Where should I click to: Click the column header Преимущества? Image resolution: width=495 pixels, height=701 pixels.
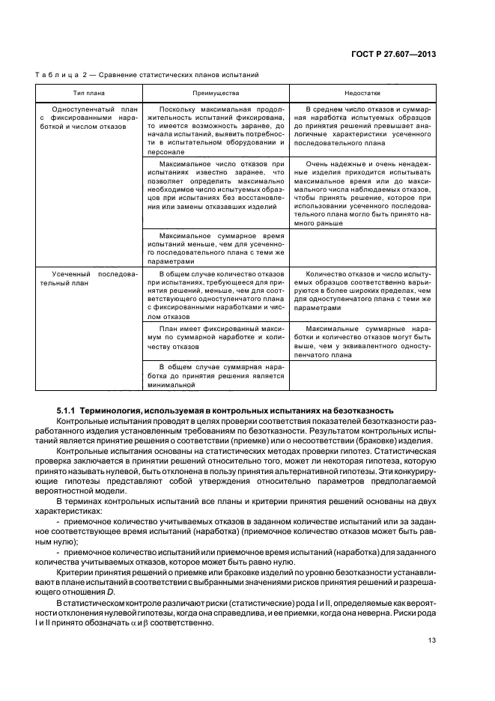216,94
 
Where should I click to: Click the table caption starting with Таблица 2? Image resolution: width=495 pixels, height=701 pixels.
147,76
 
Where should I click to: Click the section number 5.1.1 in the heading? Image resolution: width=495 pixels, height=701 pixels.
67,410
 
